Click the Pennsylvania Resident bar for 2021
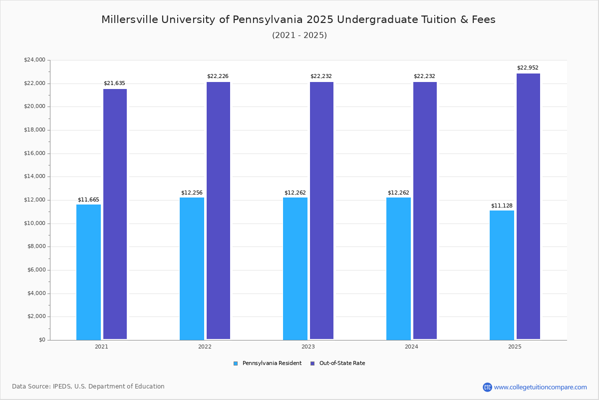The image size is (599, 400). coord(88,272)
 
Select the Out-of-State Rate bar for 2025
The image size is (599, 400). coord(528,206)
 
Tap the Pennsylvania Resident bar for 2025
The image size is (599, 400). coord(502,275)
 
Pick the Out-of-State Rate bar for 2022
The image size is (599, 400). coord(218,210)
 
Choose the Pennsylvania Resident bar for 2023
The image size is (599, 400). coord(295,268)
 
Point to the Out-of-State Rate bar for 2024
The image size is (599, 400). coord(425,210)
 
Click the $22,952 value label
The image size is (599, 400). coord(528,68)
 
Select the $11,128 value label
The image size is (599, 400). coord(502,205)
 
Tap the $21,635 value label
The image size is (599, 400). coord(114,83)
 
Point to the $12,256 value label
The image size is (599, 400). coord(192,192)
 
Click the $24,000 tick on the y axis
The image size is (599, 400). coord(34,60)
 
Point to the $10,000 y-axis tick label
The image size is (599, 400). coord(34,223)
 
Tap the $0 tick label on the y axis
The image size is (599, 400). coord(41,340)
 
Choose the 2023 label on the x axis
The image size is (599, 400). coord(308,346)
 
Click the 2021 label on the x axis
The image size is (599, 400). coord(101,346)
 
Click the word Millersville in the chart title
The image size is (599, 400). coord(129,19)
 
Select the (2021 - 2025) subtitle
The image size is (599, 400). coord(299,35)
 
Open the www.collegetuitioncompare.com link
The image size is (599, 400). coord(540,387)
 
